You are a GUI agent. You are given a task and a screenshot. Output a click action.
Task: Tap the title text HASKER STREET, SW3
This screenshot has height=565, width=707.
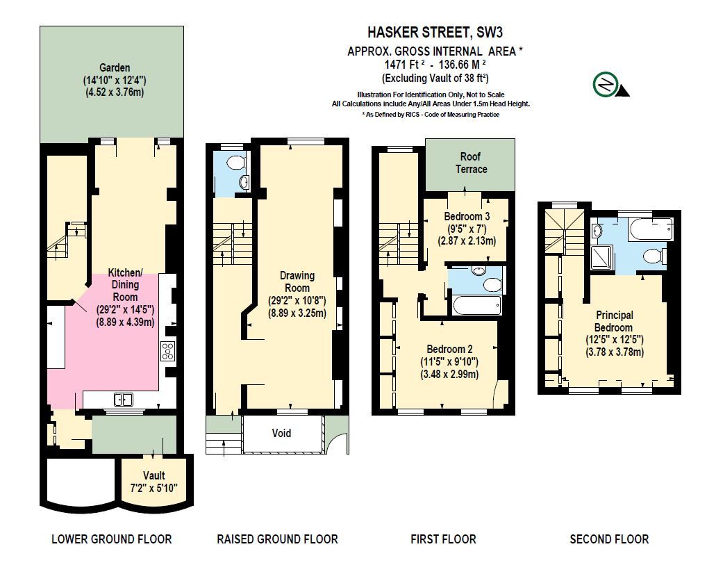pos(435,33)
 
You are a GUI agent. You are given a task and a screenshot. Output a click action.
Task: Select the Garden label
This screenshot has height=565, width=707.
pos(115,67)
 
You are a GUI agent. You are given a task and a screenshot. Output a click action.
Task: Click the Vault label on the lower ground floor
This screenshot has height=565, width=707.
pos(154,475)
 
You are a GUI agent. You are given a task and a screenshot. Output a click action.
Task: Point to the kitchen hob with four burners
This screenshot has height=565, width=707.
pos(167,351)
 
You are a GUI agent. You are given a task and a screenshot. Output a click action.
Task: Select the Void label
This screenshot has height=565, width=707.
pos(281,433)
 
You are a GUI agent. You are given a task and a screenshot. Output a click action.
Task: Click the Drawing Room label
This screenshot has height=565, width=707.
pos(297,281)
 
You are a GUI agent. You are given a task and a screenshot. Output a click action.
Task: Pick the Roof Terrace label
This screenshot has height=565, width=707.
pos(471,163)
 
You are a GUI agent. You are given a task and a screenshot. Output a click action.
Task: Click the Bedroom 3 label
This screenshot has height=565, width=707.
pos(467,216)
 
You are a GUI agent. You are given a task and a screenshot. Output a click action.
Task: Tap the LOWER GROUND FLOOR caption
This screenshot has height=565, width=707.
pos(111,539)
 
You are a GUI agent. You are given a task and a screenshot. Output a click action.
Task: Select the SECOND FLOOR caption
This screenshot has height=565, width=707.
pos(608,539)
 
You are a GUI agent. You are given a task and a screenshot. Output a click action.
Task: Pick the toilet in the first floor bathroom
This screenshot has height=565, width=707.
pos(492,284)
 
